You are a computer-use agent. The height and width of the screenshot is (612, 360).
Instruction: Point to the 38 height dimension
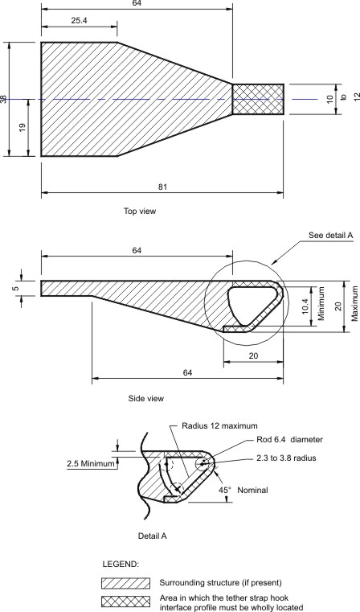tap(5, 99)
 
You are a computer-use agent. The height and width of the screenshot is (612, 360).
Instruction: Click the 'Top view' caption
tap(140, 212)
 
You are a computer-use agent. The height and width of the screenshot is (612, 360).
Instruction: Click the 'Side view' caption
tap(146, 397)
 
